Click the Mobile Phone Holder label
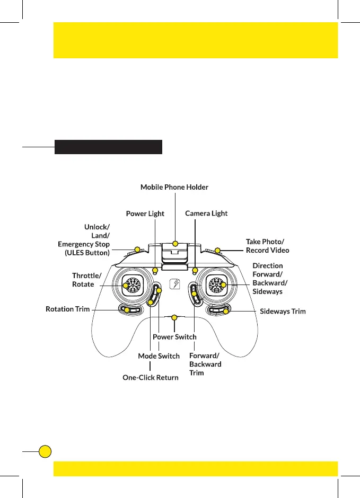(174, 187)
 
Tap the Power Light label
(145, 214)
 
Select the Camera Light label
(206, 213)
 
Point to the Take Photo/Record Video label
(267, 245)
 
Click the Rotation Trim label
(67, 309)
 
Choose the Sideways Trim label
(283, 311)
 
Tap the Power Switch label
(174, 337)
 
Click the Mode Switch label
(159, 356)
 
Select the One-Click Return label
(151, 377)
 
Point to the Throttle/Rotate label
(86, 280)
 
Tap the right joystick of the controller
(217, 285)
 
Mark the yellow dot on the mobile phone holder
(175, 245)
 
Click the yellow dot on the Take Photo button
(217, 251)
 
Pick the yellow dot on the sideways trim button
(226, 311)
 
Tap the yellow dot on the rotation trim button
(126, 309)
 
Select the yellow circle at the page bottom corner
(46, 451)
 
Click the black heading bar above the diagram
(108, 147)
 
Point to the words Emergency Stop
(84, 244)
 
